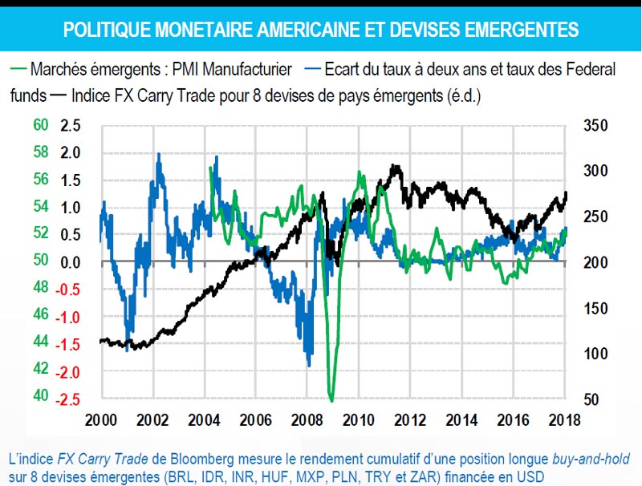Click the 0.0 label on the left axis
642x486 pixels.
coord(71,262)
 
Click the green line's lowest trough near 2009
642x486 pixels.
coord(331,399)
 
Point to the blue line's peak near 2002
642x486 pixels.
coord(158,154)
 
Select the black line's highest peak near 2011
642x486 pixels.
coord(394,166)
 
